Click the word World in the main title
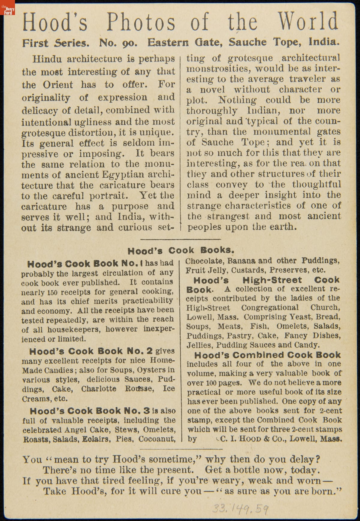tap(308, 22)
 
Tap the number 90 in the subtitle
tap(130, 43)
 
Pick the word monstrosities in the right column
tap(218, 69)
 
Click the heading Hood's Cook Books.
tap(181, 250)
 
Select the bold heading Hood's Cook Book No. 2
tap(91, 351)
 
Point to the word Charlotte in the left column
tap(98, 389)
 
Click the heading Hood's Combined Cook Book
tap(268, 355)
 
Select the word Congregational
tap(270, 308)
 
